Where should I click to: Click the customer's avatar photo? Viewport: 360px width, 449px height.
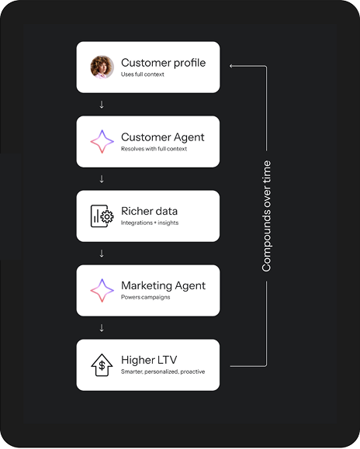tap(102, 67)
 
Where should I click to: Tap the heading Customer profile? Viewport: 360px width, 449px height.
tap(163, 63)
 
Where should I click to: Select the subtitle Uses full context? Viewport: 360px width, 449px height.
tap(142, 74)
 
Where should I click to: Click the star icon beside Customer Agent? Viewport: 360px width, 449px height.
tap(102, 141)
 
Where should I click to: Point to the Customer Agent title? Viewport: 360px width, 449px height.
tap(163, 137)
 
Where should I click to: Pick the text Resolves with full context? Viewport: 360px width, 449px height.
tap(154, 149)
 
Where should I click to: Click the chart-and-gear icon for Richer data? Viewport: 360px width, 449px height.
tap(102, 216)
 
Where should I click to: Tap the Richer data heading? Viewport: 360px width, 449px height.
tap(149, 212)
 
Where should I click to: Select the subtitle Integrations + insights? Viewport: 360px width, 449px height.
tap(150, 223)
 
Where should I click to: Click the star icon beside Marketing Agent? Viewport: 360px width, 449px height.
tap(102, 290)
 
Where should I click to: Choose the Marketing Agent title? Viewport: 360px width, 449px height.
tap(163, 286)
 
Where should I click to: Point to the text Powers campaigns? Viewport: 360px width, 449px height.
tap(146, 297)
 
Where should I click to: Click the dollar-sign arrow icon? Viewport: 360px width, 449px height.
tap(102, 365)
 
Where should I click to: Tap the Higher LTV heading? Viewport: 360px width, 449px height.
tap(149, 360)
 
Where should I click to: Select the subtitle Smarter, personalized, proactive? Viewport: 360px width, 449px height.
tap(163, 371)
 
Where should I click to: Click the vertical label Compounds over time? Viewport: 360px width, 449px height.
tap(266, 216)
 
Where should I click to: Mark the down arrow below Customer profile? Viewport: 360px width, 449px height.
tap(102, 105)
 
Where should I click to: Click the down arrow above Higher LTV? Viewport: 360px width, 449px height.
tap(102, 328)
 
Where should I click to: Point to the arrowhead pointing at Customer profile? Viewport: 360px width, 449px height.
tap(231, 66)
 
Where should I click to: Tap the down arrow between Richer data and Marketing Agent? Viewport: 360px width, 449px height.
tap(102, 254)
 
